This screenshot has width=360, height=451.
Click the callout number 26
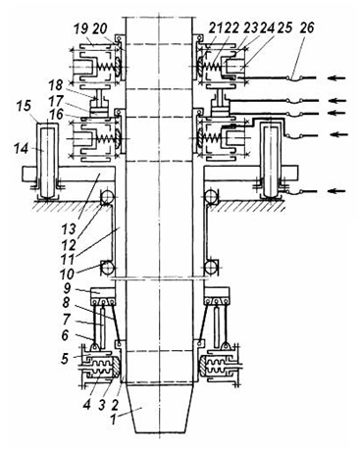click(307, 27)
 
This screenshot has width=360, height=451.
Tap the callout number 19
click(80, 28)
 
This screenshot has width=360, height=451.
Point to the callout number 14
click(21, 149)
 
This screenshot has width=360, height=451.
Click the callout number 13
click(68, 228)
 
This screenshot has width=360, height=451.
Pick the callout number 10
click(67, 274)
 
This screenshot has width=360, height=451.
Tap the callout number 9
click(67, 287)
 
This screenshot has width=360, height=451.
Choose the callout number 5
click(65, 358)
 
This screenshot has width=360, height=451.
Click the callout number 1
click(113, 420)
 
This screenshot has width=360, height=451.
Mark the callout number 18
click(56, 85)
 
